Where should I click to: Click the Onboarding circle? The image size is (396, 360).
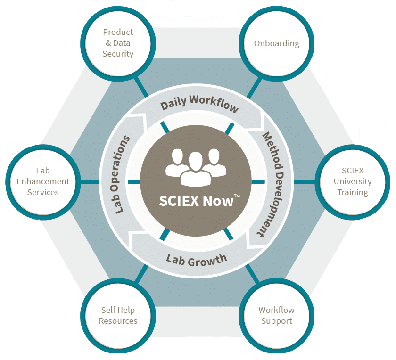(277, 43)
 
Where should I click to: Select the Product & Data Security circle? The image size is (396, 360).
(118, 43)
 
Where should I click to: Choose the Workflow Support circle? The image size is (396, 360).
(276, 316)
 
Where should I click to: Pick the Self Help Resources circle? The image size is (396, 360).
(118, 316)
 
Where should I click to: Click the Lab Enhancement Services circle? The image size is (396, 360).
(43, 181)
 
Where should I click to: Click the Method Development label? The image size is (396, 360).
(269, 184)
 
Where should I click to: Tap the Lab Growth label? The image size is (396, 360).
(197, 259)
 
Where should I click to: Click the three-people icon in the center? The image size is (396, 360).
(193, 166)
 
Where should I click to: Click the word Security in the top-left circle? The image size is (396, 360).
(118, 54)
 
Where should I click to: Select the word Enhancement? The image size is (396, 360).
(43, 181)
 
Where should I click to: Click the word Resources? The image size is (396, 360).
(118, 321)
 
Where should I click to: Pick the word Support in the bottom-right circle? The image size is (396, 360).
(276, 321)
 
